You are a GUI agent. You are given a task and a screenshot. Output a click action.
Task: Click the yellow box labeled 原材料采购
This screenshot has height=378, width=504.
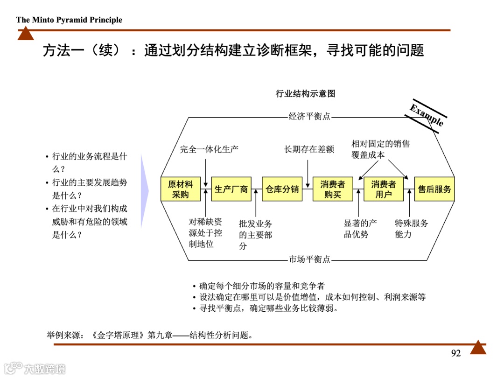coord(180,189)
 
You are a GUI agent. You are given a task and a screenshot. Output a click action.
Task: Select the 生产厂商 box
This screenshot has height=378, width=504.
coord(231,189)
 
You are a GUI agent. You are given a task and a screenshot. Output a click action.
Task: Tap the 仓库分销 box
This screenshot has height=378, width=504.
coord(282,189)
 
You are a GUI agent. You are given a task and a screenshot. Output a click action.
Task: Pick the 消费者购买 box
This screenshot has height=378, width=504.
coord(333,189)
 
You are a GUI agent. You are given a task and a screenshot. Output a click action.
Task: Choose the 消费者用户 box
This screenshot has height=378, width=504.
coord(384,189)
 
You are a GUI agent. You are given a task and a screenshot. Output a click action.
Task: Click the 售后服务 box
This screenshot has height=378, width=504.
coord(434,189)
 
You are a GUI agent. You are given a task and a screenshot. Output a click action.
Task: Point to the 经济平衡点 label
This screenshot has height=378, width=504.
coord(309,116)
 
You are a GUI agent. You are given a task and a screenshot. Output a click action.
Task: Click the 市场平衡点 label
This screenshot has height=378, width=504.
coord(309,259)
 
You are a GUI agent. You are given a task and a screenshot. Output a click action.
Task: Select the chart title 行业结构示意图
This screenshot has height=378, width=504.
coord(306,94)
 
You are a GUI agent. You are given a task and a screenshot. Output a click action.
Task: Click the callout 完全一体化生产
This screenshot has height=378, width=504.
coord(210,149)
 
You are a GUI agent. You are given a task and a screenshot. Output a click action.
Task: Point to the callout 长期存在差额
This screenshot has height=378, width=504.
coord(309,149)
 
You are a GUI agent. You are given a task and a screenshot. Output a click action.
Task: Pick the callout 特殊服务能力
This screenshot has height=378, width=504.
coord(411,229)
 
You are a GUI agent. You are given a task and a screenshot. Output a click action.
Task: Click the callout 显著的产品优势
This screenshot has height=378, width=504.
coord(360,229)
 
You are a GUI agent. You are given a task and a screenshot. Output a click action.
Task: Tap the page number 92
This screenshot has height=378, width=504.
coord(456,353)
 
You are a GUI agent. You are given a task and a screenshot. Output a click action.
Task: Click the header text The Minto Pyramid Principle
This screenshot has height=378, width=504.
coord(69,20)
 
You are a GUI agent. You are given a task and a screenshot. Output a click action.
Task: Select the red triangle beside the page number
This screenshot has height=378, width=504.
coord(478,347)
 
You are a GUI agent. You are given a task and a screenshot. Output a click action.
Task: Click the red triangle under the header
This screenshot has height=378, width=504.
coord(26,34)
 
